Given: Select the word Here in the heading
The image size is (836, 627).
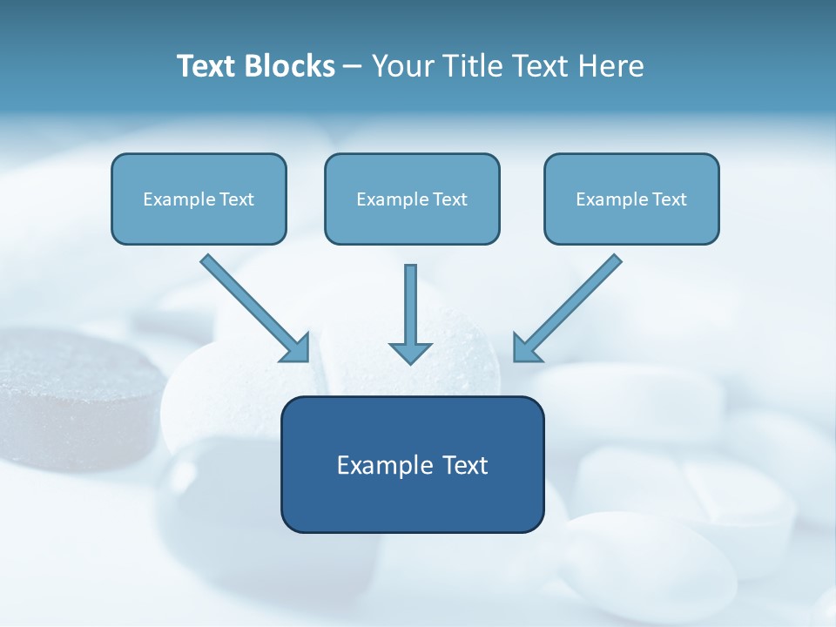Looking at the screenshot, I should (610, 66).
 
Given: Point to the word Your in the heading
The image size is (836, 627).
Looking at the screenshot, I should (402, 66).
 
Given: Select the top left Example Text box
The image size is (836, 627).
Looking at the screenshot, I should (199, 199).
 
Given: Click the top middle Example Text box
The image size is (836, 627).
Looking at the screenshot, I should (412, 199).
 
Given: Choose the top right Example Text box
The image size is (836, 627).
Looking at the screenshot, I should (631, 199).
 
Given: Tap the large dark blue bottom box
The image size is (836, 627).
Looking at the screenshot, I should (412, 464).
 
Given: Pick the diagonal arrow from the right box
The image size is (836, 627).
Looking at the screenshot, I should (571, 305).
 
